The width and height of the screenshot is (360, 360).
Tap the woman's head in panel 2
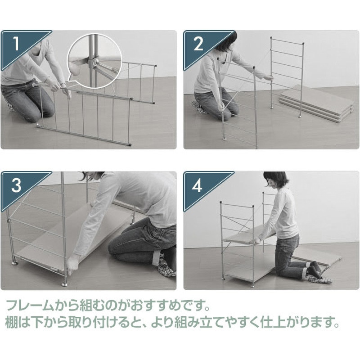tap(226, 42)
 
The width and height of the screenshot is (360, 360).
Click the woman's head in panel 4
tap(275, 181)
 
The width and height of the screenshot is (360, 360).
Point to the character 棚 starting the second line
tap(12, 322)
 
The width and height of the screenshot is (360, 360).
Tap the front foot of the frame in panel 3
tap(65, 285)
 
